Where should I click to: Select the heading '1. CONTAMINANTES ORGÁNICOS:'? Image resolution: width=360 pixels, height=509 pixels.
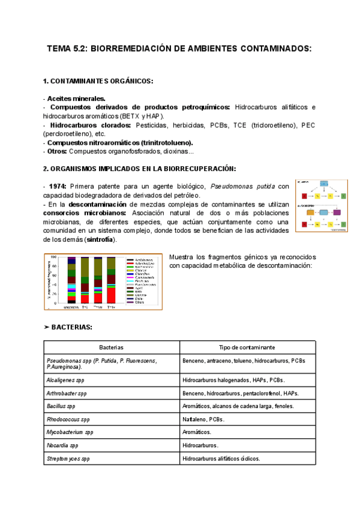coord(98,81)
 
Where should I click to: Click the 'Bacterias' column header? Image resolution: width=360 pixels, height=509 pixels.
coord(111,348)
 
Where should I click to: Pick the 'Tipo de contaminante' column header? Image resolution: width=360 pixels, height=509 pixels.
coord(247,348)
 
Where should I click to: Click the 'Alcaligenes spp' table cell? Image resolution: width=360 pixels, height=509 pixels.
coord(66,380)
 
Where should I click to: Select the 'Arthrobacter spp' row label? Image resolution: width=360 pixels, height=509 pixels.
coord(68,393)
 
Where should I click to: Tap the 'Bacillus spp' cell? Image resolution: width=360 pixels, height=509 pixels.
coord(62,406)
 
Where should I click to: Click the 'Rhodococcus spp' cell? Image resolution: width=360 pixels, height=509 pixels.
coord(68,420)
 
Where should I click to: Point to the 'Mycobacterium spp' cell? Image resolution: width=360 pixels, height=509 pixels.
coord(70,432)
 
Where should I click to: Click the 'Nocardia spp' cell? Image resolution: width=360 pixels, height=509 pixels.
coord(62,445)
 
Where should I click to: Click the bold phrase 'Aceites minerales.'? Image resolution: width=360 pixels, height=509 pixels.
coord(76,98)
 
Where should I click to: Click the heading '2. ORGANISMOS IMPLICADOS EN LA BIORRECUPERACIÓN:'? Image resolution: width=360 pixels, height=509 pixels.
coord(140,169)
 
